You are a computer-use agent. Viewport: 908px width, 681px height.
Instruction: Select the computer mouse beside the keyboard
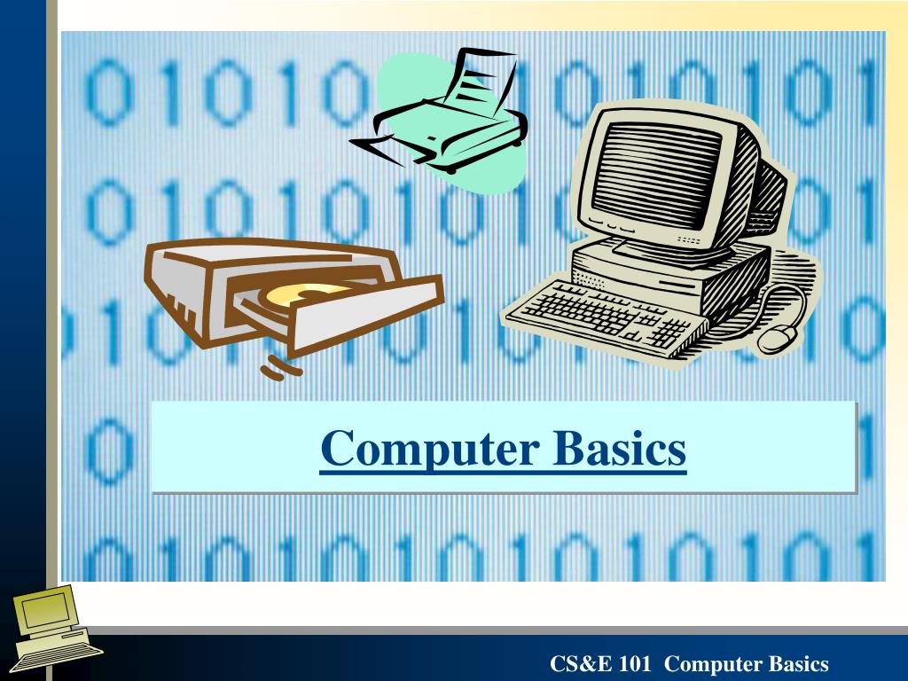[x=777, y=338]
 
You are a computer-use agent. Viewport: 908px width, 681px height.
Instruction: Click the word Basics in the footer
[x=799, y=664]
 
